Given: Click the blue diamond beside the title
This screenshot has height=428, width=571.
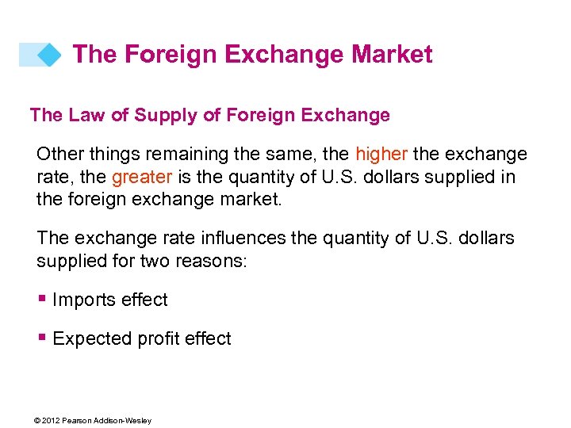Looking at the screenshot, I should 49,55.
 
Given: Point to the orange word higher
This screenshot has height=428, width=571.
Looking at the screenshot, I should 381,154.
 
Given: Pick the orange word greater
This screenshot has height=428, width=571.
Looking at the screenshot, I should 143,176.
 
